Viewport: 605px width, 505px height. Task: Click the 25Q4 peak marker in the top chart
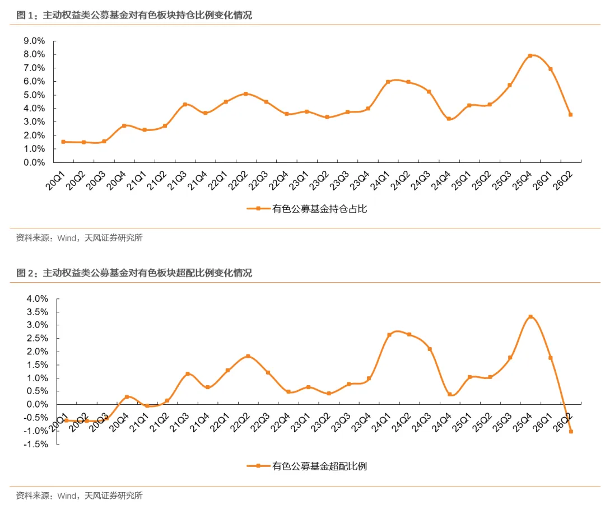click(x=530, y=55)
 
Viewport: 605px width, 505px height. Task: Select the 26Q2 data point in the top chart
click(x=571, y=114)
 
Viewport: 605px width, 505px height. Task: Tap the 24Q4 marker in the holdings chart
click(x=449, y=119)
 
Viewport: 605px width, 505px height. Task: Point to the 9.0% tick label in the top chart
click(x=34, y=41)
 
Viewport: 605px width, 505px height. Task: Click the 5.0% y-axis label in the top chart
click(x=34, y=95)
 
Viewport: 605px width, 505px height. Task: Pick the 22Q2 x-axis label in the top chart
click(x=238, y=180)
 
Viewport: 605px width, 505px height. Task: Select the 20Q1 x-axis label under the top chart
click(x=55, y=180)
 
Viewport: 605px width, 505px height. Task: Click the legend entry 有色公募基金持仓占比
click(x=307, y=209)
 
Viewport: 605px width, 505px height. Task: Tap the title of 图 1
click(x=134, y=15)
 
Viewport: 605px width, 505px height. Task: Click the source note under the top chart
click(x=79, y=238)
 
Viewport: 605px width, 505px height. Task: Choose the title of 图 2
click(x=134, y=273)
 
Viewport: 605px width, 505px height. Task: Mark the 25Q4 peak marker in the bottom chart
click(x=530, y=317)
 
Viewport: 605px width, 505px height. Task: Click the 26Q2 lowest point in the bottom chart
click(x=571, y=431)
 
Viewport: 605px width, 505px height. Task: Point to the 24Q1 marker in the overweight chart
click(x=389, y=335)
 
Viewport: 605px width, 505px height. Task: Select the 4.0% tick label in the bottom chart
click(x=37, y=299)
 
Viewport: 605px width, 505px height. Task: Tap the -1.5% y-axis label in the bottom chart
click(x=35, y=444)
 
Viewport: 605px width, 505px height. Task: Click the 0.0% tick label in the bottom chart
click(x=37, y=404)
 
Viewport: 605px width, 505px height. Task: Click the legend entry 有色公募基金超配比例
click(x=307, y=466)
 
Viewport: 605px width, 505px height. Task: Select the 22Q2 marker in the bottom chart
click(x=248, y=356)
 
